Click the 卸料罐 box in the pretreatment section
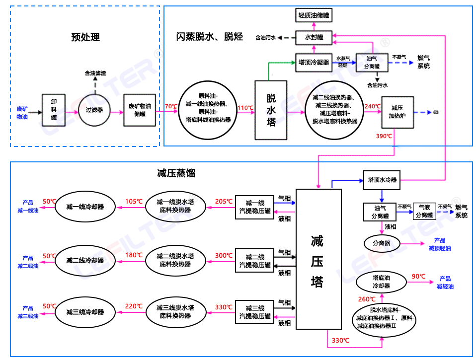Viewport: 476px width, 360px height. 54,110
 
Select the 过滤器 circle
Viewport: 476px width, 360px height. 94,110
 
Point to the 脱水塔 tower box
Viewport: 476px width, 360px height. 271,110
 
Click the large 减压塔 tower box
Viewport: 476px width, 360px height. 318,259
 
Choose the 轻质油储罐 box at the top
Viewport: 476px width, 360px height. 314,15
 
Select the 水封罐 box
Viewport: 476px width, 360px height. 314,37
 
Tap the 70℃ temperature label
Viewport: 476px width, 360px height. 171,106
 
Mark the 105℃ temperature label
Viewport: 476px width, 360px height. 134,201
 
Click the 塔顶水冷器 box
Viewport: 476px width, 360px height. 382,180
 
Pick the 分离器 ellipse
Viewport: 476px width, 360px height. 381,243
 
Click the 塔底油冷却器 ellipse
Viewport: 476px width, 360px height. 381,282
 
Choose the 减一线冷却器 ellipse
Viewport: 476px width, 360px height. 85,206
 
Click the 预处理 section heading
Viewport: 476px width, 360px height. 85,37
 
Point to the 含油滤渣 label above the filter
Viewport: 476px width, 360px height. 95,73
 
